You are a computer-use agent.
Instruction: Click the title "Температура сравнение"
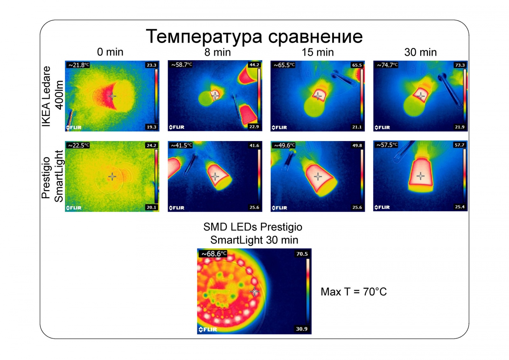click(x=254, y=36)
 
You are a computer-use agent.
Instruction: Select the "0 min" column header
click(x=110, y=52)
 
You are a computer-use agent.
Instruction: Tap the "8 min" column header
click(x=218, y=52)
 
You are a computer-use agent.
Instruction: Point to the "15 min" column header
click(x=318, y=52)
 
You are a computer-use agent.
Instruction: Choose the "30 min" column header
click(x=421, y=52)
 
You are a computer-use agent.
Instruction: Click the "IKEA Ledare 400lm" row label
click(x=52, y=96)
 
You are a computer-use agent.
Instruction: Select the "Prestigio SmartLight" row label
click(x=52, y=177)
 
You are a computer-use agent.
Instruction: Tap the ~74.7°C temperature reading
click(x=387, y=65)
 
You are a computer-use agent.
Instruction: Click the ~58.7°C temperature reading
click(x=182, y=65)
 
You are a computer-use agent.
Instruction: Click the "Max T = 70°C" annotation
click(x=353, y=292)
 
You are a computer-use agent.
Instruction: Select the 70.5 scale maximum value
click(x=302, y=254)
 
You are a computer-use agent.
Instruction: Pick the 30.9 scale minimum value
click(x=302, y=329)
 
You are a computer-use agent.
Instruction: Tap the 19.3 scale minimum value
click(x=151, y=127)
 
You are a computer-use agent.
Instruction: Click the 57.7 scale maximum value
click(x=459, y=145)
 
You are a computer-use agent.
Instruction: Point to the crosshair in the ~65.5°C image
click(x=318, y=96)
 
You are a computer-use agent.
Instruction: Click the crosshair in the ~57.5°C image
click(x=421, y=176)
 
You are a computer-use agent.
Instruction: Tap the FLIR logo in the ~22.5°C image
click(x=74, y=208)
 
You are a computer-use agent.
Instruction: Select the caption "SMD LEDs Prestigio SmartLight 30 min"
click(x=253, y=233)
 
